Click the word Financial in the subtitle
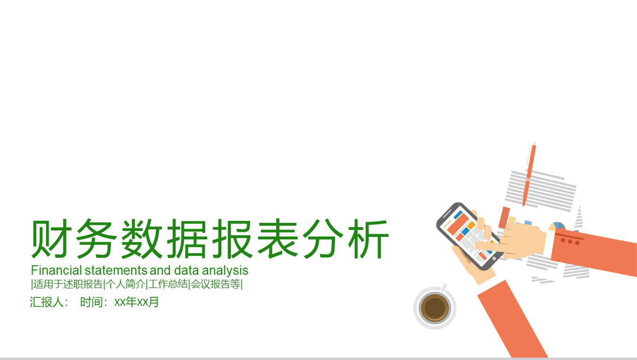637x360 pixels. tap(56, 270)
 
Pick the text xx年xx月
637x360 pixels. tap(136, 302)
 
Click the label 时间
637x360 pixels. tap(91, 302)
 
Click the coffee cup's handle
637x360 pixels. tap(443, 287)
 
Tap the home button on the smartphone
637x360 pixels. tap(494, 259)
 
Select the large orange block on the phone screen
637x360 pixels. tap(458, 224)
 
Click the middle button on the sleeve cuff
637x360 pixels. tap(570, 242)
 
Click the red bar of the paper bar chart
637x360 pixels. tap(504, 217)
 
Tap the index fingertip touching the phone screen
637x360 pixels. tap(478, 244)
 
